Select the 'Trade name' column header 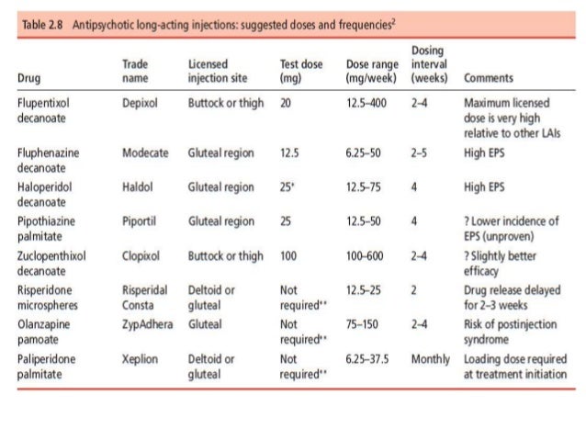click(136, 72)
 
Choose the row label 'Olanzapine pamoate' click(42, 331)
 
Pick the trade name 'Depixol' click(141, 103)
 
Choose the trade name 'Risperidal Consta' click(145, 297)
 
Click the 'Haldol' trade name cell click(138, 186)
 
